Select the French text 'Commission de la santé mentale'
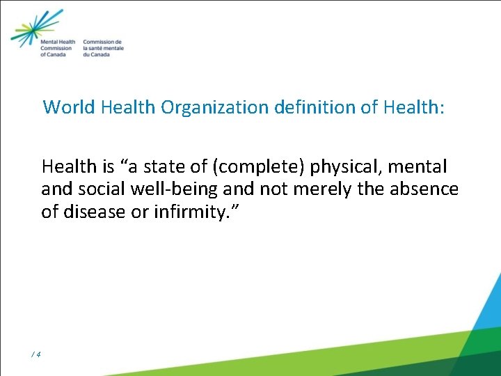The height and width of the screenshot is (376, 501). [103, 48]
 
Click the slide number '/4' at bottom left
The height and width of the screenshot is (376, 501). [36, 354]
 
